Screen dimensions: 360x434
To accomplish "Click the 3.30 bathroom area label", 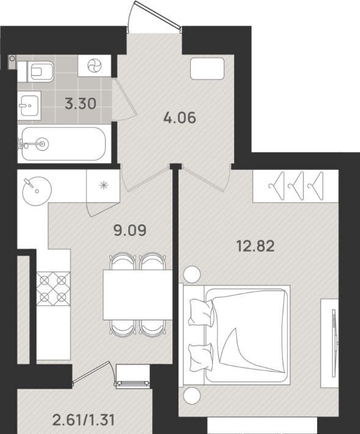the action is (x=81, y=104).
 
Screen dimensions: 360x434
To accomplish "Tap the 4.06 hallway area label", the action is (x=180, y=118).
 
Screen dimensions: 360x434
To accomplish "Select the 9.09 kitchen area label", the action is (x=130, y=230).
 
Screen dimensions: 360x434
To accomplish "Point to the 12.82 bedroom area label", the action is (x=255, y=246).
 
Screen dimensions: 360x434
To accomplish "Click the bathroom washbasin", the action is (x=29, y=106).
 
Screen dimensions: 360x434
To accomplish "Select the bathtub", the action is (x=64, y=144).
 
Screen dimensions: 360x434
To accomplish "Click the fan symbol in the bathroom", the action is (x=94, y=66).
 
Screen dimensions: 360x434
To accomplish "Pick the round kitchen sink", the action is (x=37, y=191).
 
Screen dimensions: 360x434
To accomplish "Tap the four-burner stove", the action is (x=53, y=289).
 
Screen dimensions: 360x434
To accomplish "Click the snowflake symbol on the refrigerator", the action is (x=103, y=185).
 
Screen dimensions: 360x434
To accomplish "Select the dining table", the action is (x=138, y=295).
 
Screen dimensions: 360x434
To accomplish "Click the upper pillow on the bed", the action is (x=202, y=312).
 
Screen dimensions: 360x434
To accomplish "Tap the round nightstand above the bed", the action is (x=192, y=274).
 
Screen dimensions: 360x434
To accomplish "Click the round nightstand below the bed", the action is (x=192, y=395).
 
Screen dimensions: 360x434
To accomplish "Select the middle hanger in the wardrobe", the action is (x=296, y=186).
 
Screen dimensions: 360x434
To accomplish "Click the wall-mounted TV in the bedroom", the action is (x=334, y=343).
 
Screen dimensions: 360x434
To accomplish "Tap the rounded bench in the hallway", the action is (x=207, y=68).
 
